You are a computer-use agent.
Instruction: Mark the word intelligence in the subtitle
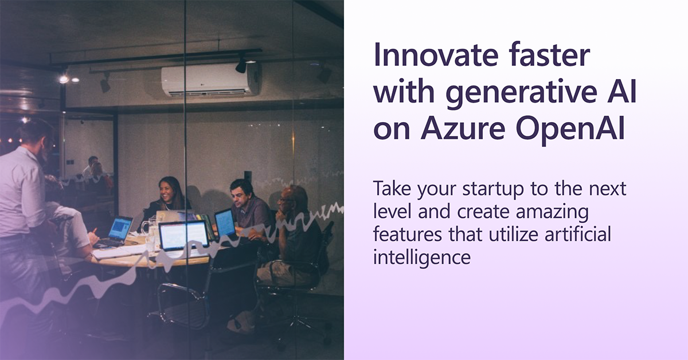pos(421,257)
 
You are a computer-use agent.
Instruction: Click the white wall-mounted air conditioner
pos(210,80)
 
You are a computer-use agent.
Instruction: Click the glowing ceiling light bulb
pos(64,79)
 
